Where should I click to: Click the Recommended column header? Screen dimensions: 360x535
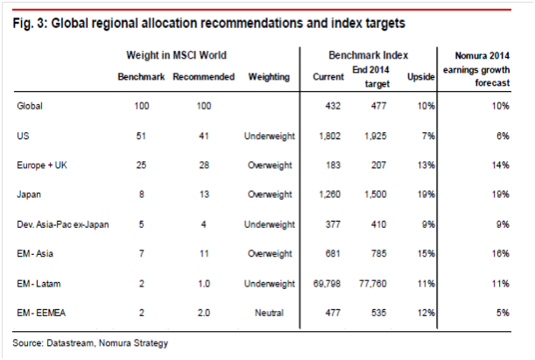pyautogui.click(x=204, y=77)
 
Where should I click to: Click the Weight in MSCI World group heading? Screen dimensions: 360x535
pyautogui.click(x=172, y=55)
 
